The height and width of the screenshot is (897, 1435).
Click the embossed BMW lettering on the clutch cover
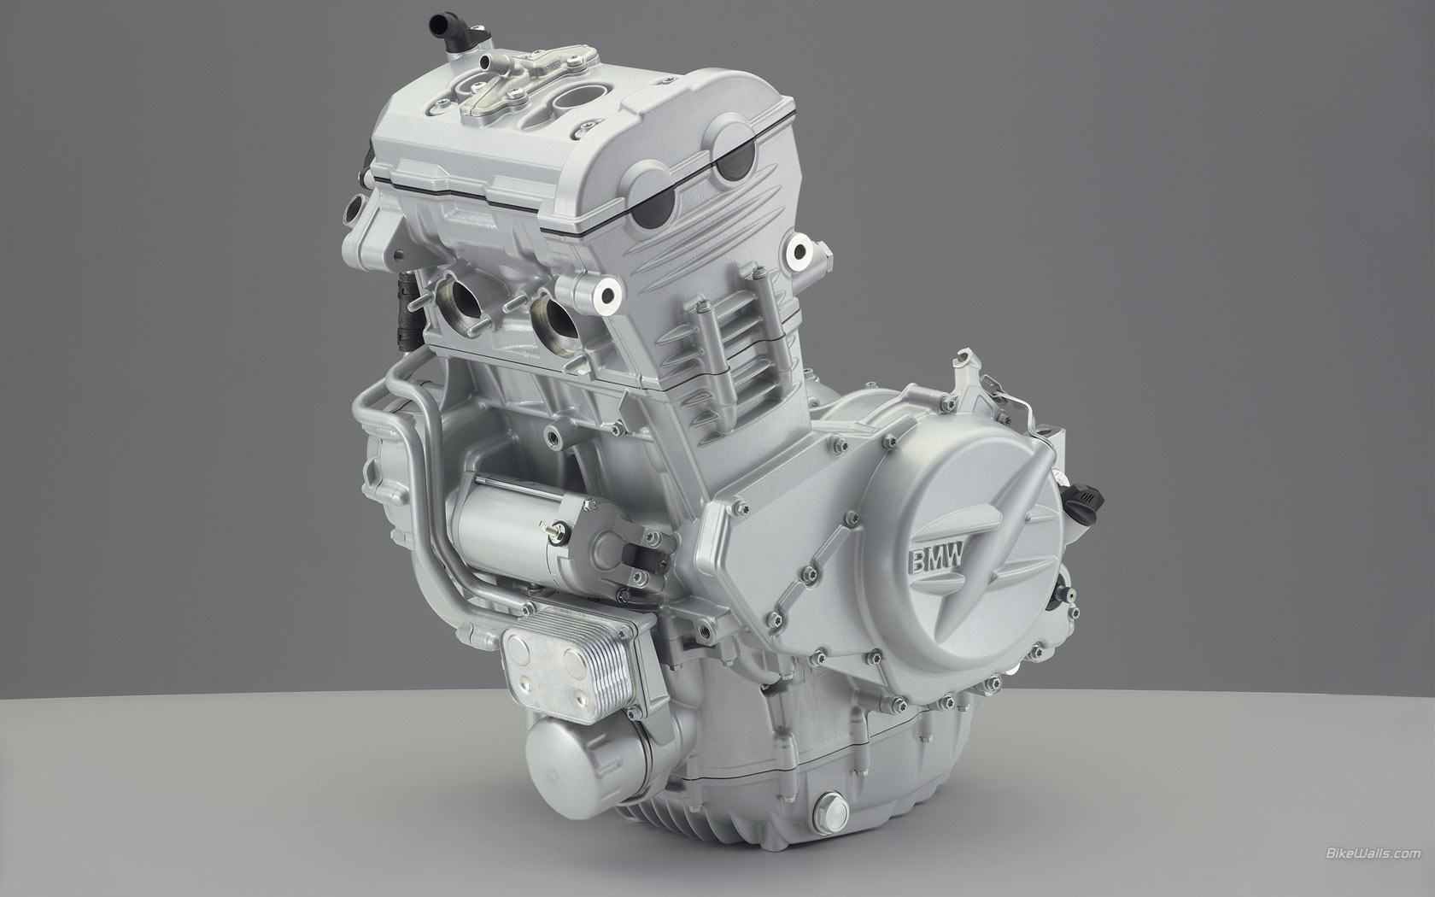936,560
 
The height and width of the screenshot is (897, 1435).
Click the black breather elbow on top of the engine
449,30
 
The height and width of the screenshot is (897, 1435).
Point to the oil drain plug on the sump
831,812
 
